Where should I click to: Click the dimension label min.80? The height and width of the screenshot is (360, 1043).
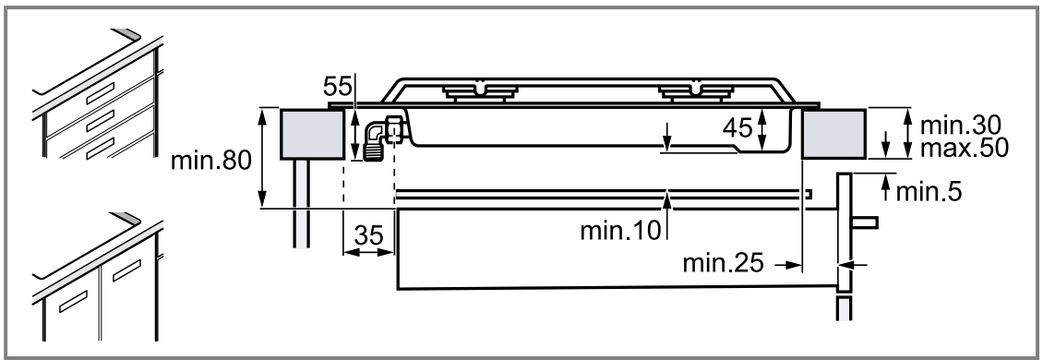211,161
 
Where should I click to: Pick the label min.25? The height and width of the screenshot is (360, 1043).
723,264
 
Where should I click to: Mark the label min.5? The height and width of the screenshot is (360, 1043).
929,191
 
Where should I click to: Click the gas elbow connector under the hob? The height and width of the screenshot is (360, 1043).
378,138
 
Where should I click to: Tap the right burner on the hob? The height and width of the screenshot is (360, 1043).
692,91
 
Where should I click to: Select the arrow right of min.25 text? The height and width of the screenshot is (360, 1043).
786,264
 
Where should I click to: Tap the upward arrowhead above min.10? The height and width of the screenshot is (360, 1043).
666,196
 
